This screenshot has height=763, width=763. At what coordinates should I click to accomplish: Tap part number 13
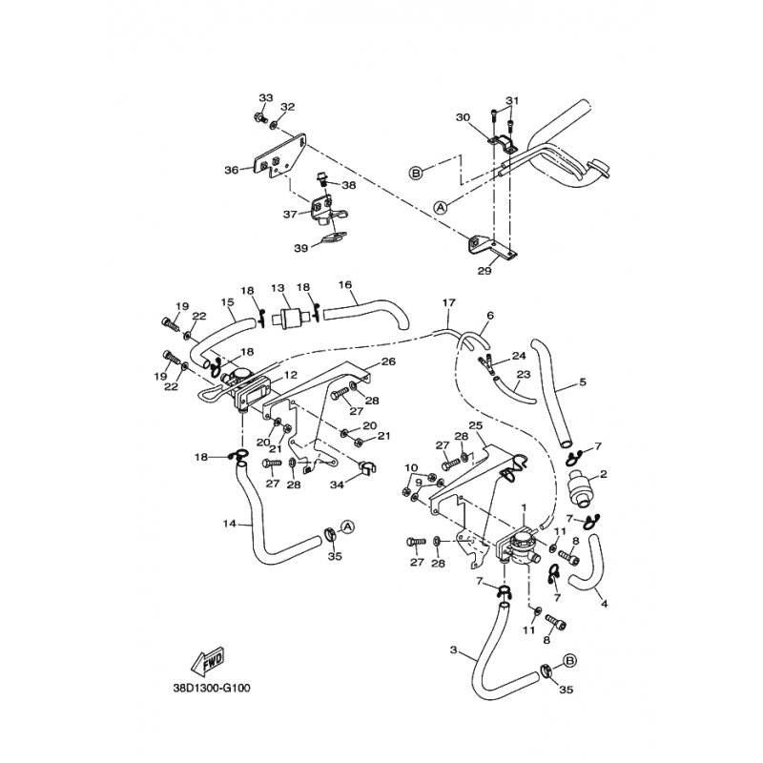click(x=278, y=288)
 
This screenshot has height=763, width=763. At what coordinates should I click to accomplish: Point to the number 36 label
click(x=231, y=170)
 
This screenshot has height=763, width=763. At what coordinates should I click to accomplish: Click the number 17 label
click(x=448, y=302)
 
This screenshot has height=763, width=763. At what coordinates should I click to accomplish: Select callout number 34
click(x=337, y=484)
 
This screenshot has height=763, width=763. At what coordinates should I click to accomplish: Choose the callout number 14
click(x=230, y=524)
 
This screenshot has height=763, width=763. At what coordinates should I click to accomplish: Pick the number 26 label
click(x=388, y=361)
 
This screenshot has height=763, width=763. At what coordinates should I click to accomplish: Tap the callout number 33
click(x=265, y=98)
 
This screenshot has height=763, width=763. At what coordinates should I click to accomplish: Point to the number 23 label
click(x=522, y=376)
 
